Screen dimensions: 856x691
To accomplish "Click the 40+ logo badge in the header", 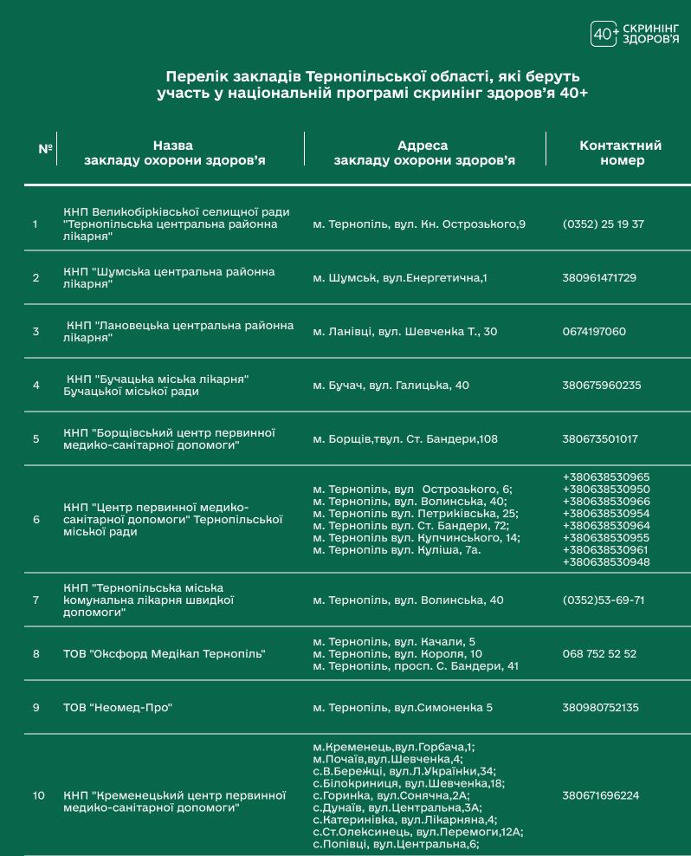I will coord(604,34).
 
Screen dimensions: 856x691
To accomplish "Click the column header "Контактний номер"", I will coord(620,152).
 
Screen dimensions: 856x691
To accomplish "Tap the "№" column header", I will coord(46,148).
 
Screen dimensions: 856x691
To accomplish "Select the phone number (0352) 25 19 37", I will coord(603,224).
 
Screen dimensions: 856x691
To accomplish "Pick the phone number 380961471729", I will coord(599,277).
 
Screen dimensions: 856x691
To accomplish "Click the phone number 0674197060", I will coord(594,331).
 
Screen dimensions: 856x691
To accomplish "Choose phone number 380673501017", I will coord(599,438).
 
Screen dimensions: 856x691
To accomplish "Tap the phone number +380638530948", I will coord(606,561).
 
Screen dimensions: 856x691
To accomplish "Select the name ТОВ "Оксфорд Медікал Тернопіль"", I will coord(164,653).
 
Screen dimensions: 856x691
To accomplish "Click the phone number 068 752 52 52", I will coord(599,653).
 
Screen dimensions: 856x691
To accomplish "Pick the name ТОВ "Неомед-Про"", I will coord(119,707).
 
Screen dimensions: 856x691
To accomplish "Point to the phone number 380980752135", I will coord(600,707).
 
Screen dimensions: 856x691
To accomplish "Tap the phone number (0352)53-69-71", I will coord(604,600).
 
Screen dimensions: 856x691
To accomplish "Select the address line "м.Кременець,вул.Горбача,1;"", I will coord(394,746).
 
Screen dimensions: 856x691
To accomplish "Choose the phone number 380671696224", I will coord(600,794).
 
